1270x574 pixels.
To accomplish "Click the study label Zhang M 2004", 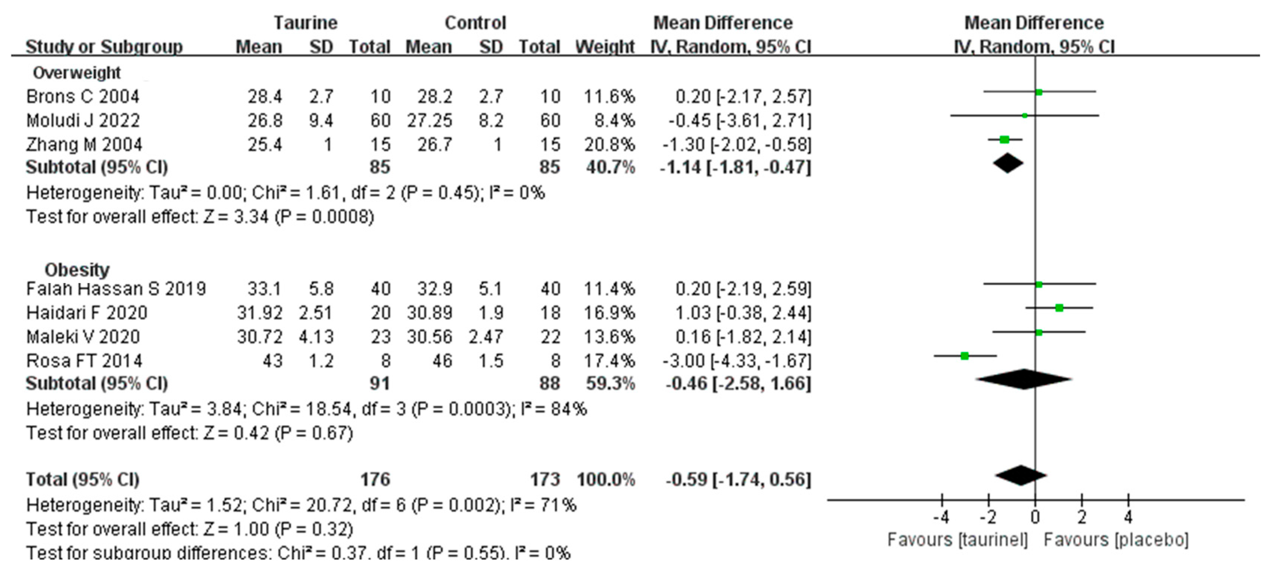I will (x=84, y=144).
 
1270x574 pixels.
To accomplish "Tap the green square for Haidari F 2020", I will (x=1059, y=308).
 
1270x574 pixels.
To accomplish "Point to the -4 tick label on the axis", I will (x=941, y=517).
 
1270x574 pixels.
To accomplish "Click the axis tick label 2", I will (x=1081, y=517).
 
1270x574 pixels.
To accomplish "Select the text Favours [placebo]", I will (x=1116, y=540).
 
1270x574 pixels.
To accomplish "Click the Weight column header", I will (x=605, y=47).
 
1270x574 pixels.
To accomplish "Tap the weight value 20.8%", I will (x=609, y=144).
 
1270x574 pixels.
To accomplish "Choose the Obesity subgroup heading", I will (x=77, y=270).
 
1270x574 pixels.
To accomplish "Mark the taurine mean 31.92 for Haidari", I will (x=259, y=313).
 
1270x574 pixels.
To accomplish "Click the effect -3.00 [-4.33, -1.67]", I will (x=736, y=361).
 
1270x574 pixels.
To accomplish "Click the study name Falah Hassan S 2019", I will (x=116, y=288).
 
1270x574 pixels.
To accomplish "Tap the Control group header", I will (x=475, y=23).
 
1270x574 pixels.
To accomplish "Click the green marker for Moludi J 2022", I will (x=1024, y=116).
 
